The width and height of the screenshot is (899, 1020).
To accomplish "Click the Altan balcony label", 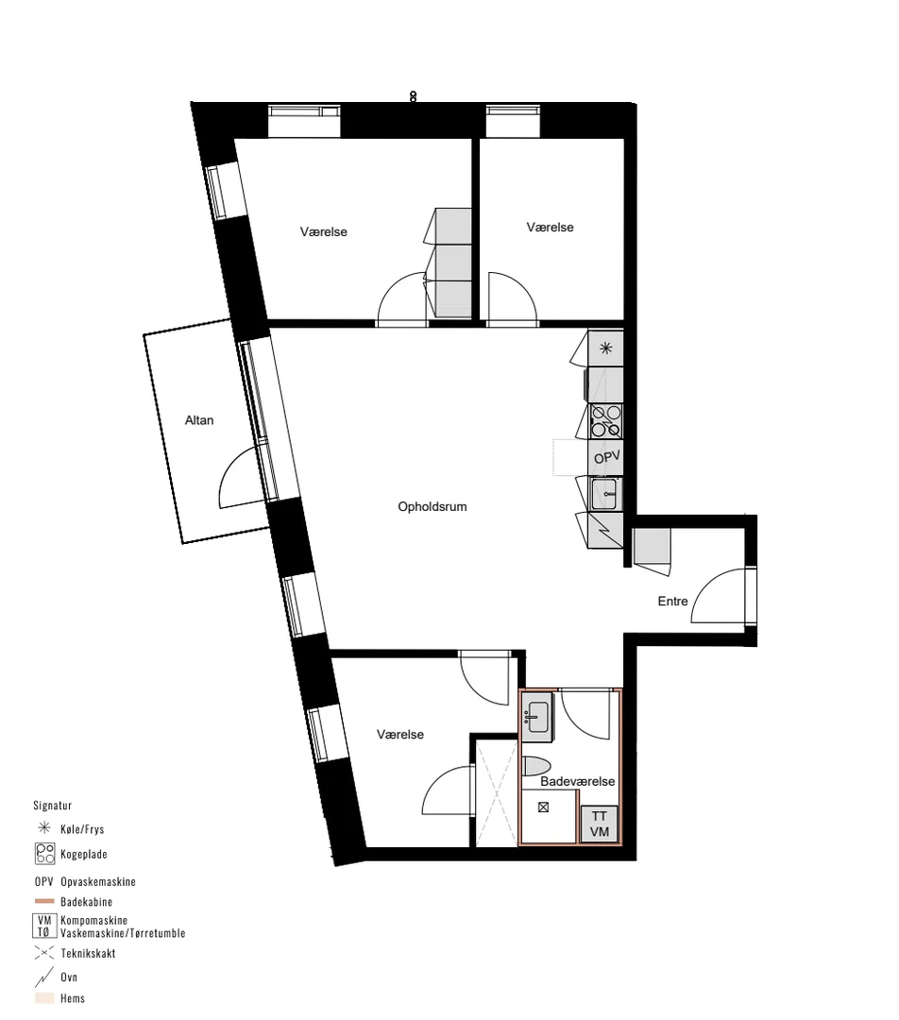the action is click(x=199, y=420).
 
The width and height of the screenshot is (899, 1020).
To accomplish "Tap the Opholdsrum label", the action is click(x=433, y=507).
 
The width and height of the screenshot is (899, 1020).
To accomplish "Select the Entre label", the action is click(x=672, y=601).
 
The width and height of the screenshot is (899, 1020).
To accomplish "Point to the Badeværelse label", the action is click(x=578, y=781).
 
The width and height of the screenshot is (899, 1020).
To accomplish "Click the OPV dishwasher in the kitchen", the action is click(x=606, y=457).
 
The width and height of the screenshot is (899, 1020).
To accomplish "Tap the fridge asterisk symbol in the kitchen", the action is click(x=605, y=348).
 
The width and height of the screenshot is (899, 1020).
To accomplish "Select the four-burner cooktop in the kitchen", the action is click(x=605, y=421).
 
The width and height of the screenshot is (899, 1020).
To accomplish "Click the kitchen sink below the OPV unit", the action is click(x=605, y=494).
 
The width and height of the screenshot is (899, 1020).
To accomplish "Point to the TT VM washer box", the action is click(x=599, y=824).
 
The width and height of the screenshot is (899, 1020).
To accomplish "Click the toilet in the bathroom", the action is click(x=536, y=766).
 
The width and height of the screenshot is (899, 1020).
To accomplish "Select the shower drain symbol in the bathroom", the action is click(x=543, y=807).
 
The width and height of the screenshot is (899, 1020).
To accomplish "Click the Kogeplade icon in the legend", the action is click(x=45, y=854).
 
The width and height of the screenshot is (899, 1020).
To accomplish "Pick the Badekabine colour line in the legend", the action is click(x=44, y=902).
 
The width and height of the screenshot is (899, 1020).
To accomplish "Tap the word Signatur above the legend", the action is click(x=53, y=806).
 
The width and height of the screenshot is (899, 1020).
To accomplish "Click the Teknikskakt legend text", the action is click(x=89, y=953).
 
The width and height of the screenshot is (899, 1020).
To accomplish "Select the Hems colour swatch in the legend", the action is click(x=44, y=998).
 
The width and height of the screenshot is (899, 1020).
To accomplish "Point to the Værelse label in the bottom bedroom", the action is click(x=400, y=735).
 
